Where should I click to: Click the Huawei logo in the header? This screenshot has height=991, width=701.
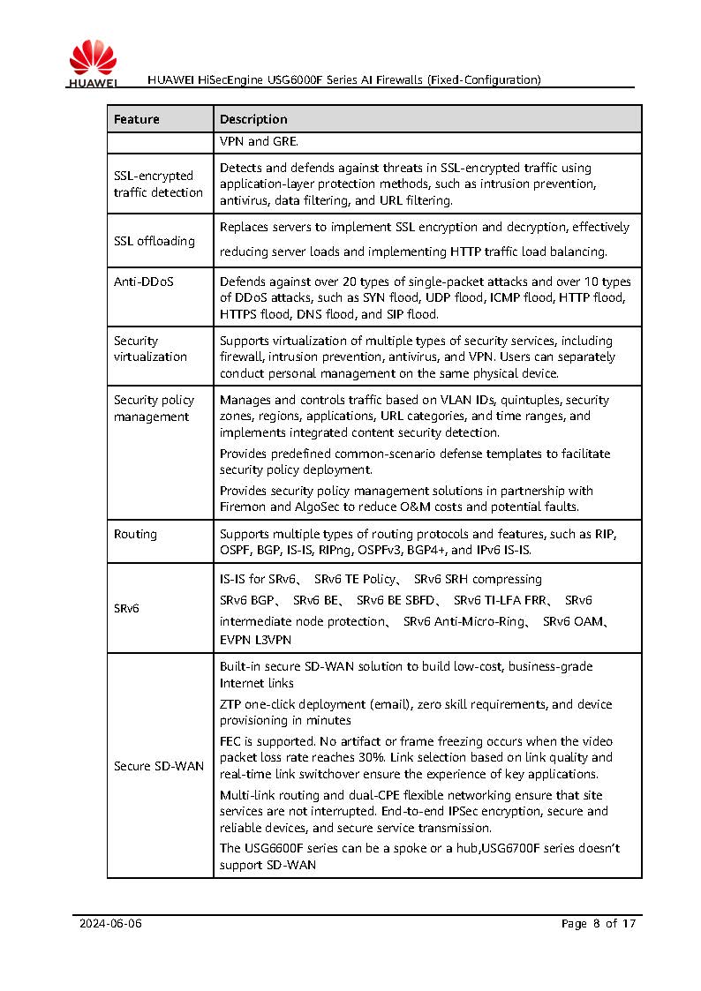pyautogui.click(x=93, y=64)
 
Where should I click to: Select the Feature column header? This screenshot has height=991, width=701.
pyautogui.click(x=137, y=119)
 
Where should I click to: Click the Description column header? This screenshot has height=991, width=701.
pyautogui.click(x=253, y=119)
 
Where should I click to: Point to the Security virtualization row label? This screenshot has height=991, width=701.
pyautogui.click(x=150, y=349)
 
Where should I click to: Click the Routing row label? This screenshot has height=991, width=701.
pyautogui.click(x=135, y=534)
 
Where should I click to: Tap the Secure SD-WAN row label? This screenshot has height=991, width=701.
pyautogui.click(x=159, y=766)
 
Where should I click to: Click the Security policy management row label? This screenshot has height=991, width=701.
pyautogui.click(x=154, y=409)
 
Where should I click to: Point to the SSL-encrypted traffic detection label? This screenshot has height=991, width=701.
pyautogui.click(x=158, y=184)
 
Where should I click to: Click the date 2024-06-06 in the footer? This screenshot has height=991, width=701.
pyautogui.click(x=110, y=924)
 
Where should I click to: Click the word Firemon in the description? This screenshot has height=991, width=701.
pyautogui.click(x=242, y=507)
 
